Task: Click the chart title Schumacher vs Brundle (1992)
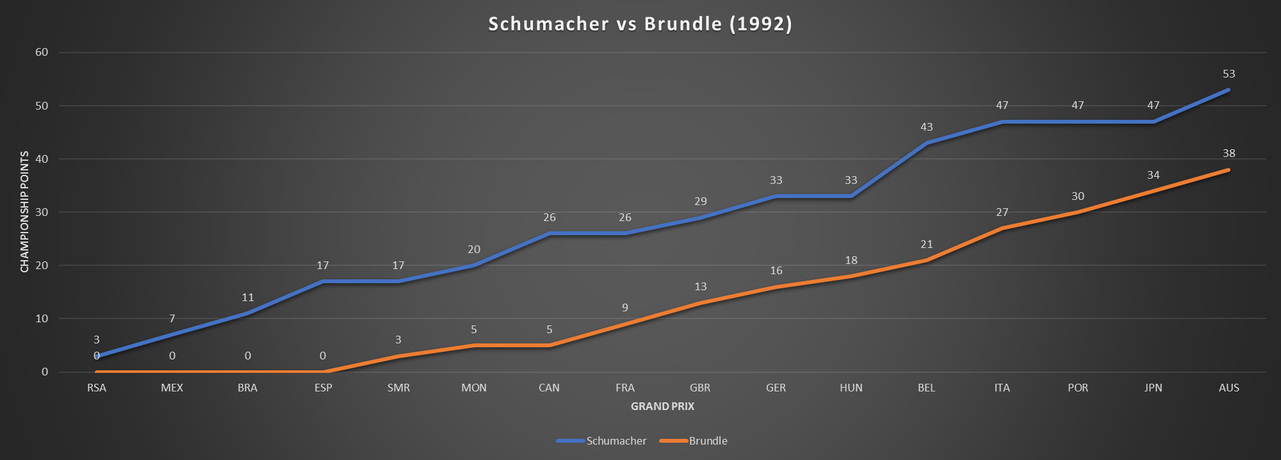(x=640, y=24)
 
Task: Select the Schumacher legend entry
(x=616, y=441)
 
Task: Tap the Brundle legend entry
(x=708, y=441)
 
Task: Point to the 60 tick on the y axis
(x=42, y=52)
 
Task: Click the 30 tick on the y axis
(x=42, y=212)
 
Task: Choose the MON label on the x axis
(x=474, y=388)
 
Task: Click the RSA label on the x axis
(x=97, y=388)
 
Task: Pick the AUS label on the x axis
(x=1228, y=388)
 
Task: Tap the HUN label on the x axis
(x=851, y=388)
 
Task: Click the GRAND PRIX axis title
(x=662, y=406)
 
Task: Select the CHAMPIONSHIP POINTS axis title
(x=25, y=211)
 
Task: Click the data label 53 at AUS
(x=1228, y=74)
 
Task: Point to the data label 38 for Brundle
(x=1228, y=153)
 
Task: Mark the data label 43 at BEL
(x=926, y=127)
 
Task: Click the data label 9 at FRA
(x=625, y=308)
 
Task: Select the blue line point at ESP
(x=323, y=281)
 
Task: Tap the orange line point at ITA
(x=1002, y=228)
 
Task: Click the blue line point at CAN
(x=550, y=233)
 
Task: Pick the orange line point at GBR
(x=700, y=302)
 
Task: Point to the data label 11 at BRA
(x=248, y=297)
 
